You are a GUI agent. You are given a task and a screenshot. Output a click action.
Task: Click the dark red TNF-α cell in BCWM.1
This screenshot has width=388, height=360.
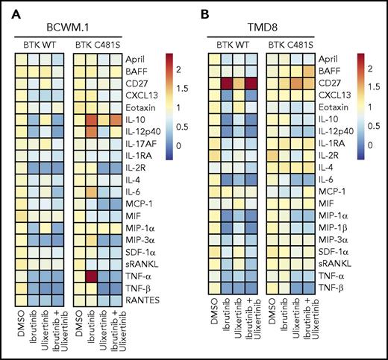click(91, 271)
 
